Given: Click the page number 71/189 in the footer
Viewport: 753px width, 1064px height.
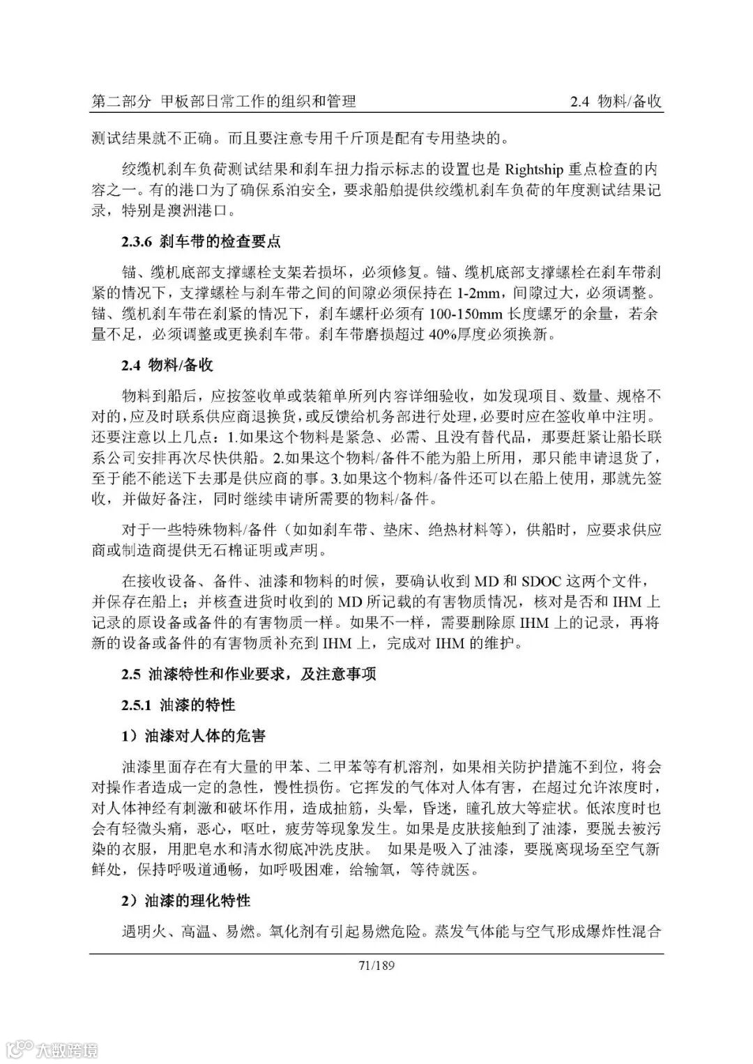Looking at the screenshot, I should [376, 965].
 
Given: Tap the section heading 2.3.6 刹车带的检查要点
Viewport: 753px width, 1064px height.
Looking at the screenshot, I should [201, 242].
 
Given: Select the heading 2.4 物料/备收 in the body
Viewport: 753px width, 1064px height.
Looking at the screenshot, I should [167, 366].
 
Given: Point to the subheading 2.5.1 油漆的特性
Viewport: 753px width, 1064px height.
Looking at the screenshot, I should [178, 704].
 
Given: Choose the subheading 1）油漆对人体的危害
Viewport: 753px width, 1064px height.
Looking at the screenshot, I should [193, 735].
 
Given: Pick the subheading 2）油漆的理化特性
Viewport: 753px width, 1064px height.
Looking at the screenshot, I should [185, 901].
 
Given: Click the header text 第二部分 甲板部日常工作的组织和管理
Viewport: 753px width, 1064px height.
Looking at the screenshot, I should [224, 102].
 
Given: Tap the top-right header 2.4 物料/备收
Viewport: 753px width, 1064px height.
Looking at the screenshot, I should [616, 102].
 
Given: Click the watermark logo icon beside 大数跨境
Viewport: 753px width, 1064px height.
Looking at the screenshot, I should [20, 1048].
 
